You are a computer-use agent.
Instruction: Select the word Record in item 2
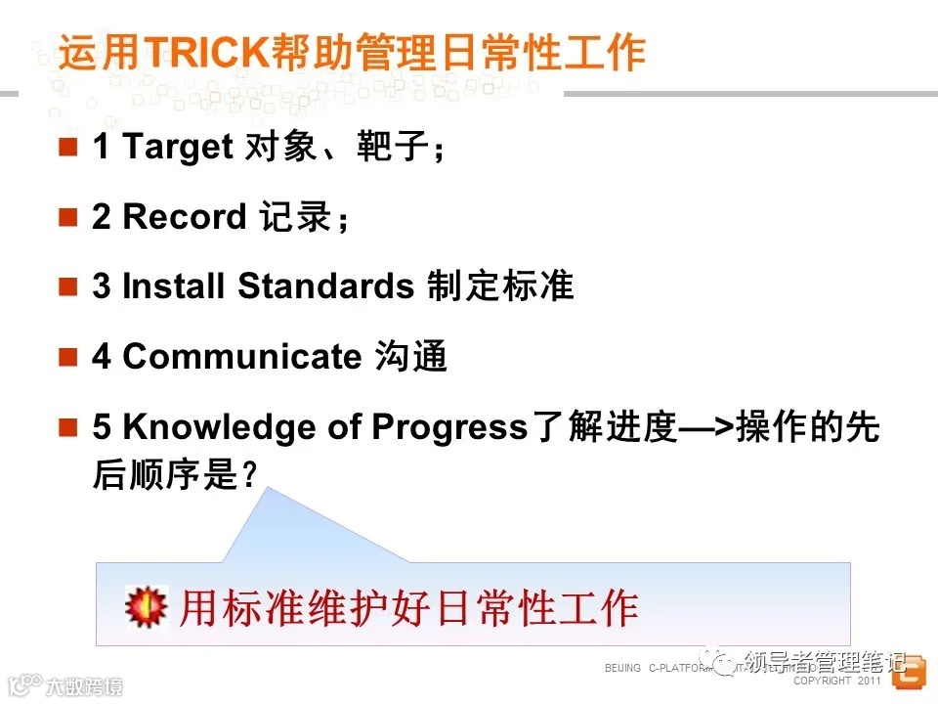pos(185,216)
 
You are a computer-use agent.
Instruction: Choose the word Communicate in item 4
pos(241,357)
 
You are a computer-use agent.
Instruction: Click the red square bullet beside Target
pos(67,148)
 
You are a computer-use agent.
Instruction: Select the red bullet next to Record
pos(67,217)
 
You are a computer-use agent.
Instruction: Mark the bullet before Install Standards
pos(67,286)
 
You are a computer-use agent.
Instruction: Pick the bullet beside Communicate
pos(67,357)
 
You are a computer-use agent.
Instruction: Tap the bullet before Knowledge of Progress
pos(67,427)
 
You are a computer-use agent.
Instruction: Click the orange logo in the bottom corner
pos(909,674)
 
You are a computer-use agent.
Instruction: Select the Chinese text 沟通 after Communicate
pos(410,357)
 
